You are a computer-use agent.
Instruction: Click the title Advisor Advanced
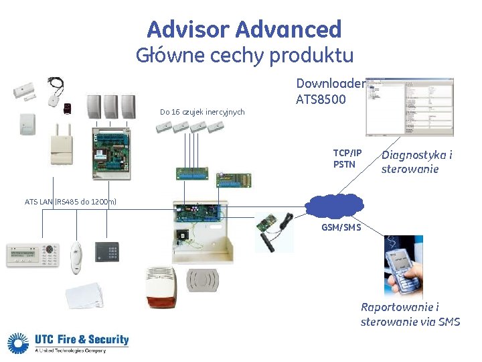[x=244, y=29]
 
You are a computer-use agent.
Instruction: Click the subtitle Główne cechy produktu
[x=244, y=55]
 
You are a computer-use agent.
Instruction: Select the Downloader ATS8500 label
[x=330, y=92]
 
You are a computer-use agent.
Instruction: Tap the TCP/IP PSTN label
[x=347, y=158]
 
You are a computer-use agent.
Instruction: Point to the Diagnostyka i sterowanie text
[x=416, y=162]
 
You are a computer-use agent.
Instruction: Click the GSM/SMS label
[x=341, y=227]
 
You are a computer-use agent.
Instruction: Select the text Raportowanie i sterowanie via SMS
[x=410, y=314]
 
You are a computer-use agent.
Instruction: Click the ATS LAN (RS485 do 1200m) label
[x=70, y=201]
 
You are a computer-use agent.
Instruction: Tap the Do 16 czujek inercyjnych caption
[x=202, y=111]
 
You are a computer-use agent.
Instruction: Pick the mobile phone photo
[x=404, y=267]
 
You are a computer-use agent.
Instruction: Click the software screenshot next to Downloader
[x=409, y=107]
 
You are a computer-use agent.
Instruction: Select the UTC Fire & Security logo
[x=68, y=343]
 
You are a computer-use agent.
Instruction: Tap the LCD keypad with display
[x=33, y=255]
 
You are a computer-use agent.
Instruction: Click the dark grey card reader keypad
[x=106, y=253]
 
